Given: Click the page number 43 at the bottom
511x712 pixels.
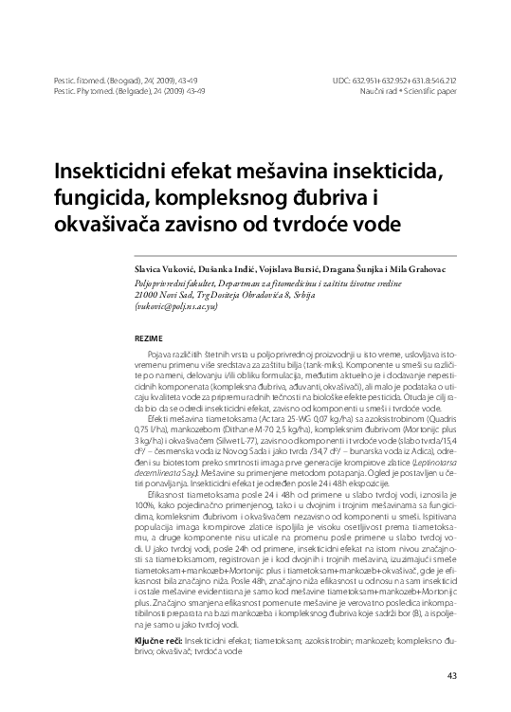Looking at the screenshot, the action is point(452,674).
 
